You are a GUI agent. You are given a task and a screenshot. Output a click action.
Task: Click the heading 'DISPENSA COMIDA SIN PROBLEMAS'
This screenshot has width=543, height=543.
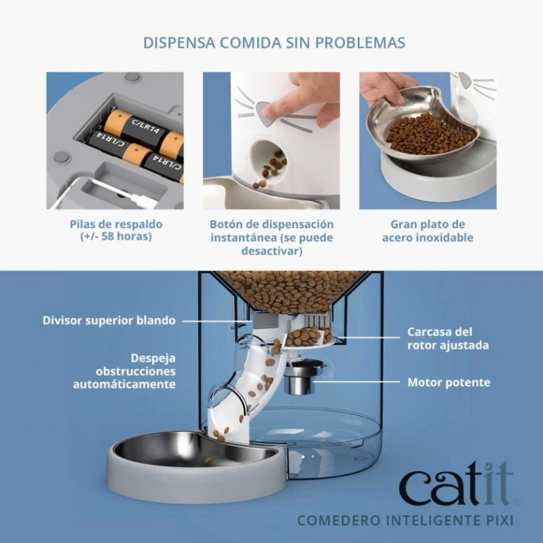coord(274,43)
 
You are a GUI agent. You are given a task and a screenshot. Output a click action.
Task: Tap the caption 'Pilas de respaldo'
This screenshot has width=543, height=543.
coord(116,224)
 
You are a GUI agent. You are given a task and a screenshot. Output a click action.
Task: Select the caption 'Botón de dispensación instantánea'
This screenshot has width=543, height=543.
coord(271,231)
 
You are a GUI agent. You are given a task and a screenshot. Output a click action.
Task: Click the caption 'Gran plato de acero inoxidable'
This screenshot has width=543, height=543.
coord(428,231)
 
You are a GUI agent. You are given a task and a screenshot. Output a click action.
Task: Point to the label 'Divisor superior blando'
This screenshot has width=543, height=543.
coord(109,320)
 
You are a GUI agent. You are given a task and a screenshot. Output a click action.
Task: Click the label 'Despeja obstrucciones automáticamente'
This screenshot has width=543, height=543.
coord(125,371)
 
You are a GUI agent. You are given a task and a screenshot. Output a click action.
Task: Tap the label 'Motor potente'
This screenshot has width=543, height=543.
coord(449,382)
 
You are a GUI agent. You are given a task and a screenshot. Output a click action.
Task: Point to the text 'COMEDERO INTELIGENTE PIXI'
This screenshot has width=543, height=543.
coord(405,521)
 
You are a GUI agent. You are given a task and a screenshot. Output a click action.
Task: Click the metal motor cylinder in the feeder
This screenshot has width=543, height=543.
coord(298,382)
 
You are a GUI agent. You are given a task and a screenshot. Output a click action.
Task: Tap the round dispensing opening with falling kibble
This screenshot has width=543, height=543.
coord(271,163)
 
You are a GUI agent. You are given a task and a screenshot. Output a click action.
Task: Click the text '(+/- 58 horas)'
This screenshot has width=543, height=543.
coord(116,238)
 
